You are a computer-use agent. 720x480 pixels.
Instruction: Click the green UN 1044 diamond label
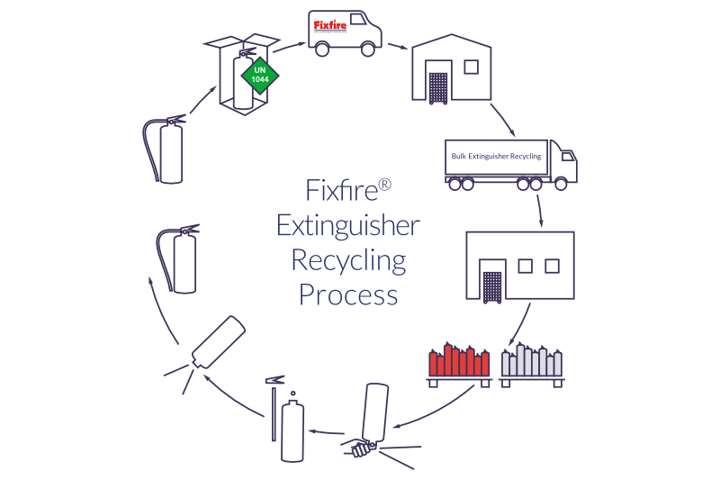point(260,75)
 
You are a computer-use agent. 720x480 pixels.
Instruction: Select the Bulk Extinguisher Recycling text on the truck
point(496,157)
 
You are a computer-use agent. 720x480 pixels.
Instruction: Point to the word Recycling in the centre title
point(348,260)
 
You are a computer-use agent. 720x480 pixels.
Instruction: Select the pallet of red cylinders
point(458,364)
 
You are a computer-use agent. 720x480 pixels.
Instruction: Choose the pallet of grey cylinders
point(532,364)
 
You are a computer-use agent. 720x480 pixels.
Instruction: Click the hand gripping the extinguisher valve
point(361,446)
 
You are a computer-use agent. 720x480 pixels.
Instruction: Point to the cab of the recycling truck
point(564,165)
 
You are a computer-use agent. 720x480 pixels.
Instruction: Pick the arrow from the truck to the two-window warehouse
point(540,210)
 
